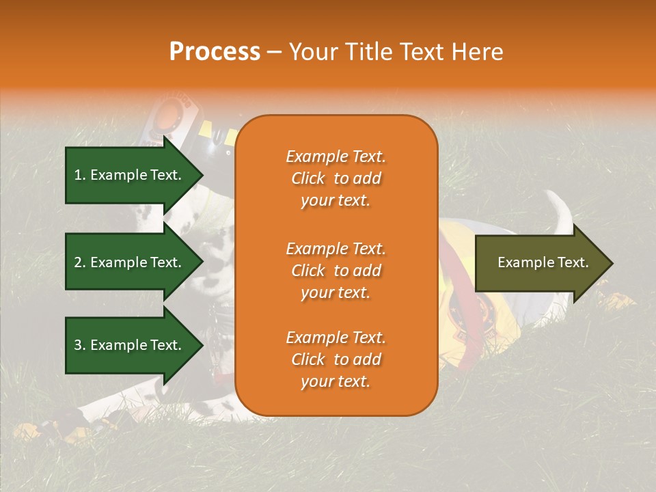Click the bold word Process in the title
pyautogui.click(x=215, y=52)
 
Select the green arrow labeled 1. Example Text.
pyautogui.click(x=130, y=175)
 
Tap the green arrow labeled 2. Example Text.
pyautogui.click(x=130, y=262)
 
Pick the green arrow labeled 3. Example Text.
pyautogui.click(x=130, y=345)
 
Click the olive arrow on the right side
pyautogui.click(x=540, y=263)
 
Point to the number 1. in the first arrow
pyautogui.click(x=80, y=175)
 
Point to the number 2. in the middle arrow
pyautogui.click(x=80, y=262)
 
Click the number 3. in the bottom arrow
pyautogui.click(x=80, y=345)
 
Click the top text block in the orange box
pyautogui.click(x=336, y=178)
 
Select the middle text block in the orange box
pyautogui.click(x=336, y=271)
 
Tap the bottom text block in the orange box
pyautogui.click(x=336, y=359)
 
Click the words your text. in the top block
pyautogui.click(x=336, y=201)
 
